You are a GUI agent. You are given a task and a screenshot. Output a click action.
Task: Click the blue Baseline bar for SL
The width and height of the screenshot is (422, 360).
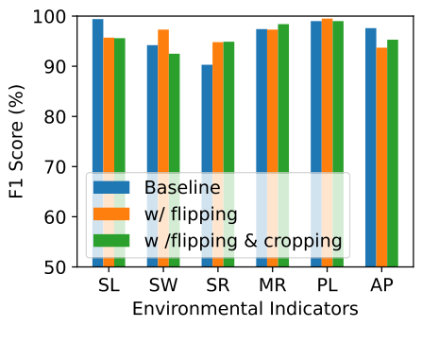click(x=98, y=94)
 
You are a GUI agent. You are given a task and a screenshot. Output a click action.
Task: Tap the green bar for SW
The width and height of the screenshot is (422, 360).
click(x=175, y=113)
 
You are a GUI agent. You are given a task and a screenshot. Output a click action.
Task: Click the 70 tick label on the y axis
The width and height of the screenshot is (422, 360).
click(x=59, y=167)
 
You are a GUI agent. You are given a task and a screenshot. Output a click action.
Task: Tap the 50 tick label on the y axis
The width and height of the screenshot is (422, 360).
click(x=59, y=267)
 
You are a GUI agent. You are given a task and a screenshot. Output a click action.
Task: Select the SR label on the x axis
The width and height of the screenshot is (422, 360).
click(x=218, y=285)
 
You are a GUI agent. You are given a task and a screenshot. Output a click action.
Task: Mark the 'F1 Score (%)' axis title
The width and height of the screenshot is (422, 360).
click(x=17, y=142)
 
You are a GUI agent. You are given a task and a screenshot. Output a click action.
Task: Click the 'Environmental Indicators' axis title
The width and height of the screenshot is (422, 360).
click(x=245, y=309)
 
